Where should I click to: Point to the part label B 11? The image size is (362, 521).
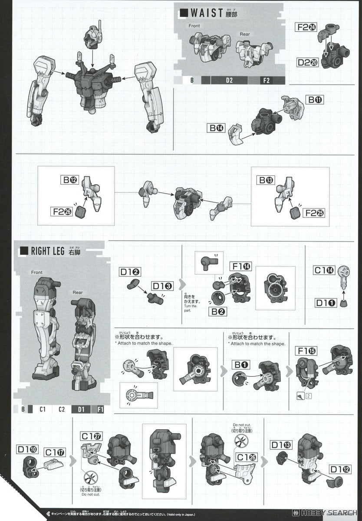[315, 100]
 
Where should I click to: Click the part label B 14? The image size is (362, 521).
[217, 128]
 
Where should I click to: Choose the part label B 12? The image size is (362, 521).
[69, 179]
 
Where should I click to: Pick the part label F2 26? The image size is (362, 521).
[63, 212]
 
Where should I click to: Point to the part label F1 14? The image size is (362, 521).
[240, 266]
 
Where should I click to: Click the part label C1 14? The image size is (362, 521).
[324, 270]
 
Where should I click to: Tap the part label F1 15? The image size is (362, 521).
[306, 350]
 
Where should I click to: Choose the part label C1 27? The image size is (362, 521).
[91, 436]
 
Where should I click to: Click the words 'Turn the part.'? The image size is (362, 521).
[190, 309]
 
